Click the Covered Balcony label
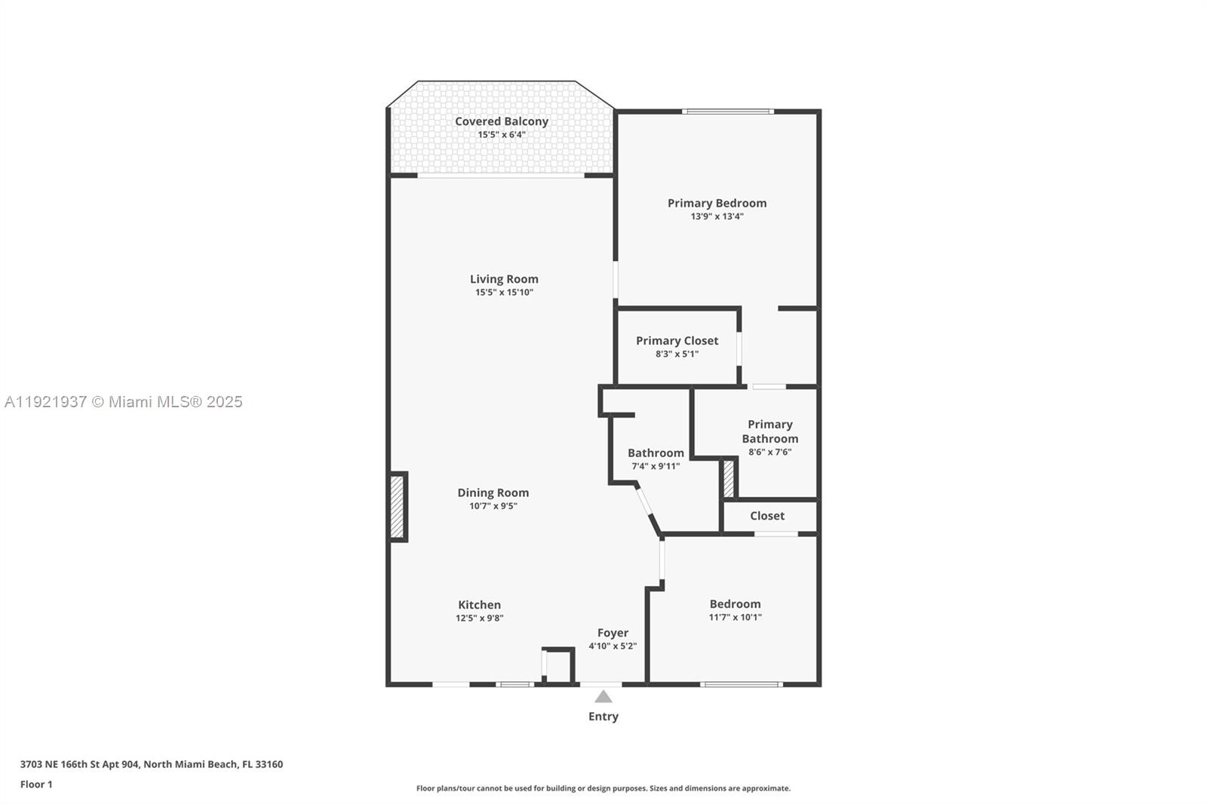coord(501,121)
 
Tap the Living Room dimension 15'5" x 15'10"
coord(504,293)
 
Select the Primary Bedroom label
coord(717,203)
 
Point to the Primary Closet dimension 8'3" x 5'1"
coord(677,354)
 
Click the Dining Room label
coord(493,493)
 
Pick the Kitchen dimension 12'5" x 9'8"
coord(479,618)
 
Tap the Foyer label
coord(613,633)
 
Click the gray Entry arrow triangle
coord(603,697)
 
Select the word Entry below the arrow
coord(603,717)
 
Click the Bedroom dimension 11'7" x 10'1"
coord(735,617)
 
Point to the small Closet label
coord(766,516)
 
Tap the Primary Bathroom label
coord(769,431)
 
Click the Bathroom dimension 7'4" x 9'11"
coord(656,466)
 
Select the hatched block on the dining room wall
coord(398,507)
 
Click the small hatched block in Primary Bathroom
coord(729,479)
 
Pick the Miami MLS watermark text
coord(124,402)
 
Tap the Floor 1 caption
coord(36,784)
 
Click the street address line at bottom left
coord(151,764)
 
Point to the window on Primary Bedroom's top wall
coord(727,112)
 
